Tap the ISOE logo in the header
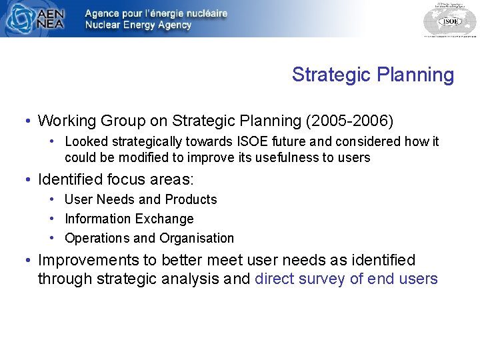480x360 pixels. pos(449,19)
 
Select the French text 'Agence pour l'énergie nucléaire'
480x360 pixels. pos(156,13)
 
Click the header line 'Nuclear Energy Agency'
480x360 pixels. pos(138,25)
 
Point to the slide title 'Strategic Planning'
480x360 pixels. pos(373,75)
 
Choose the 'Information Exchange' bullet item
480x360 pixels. pos(129,219)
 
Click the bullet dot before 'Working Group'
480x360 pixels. pos(25,121)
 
